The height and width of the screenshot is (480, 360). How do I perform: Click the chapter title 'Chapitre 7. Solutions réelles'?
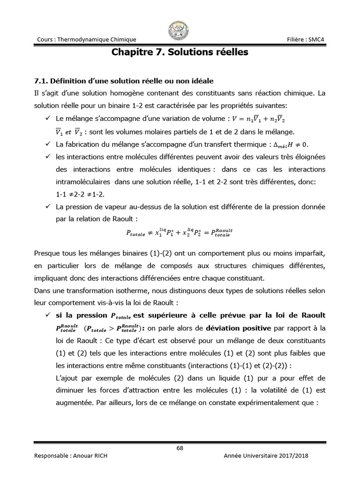click(180, 52)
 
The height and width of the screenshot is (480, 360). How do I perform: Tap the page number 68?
click(180, 448)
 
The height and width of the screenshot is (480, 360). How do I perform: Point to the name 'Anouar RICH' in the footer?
click(90, 456)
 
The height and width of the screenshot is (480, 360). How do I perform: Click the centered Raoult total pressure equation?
click(180, 232)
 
